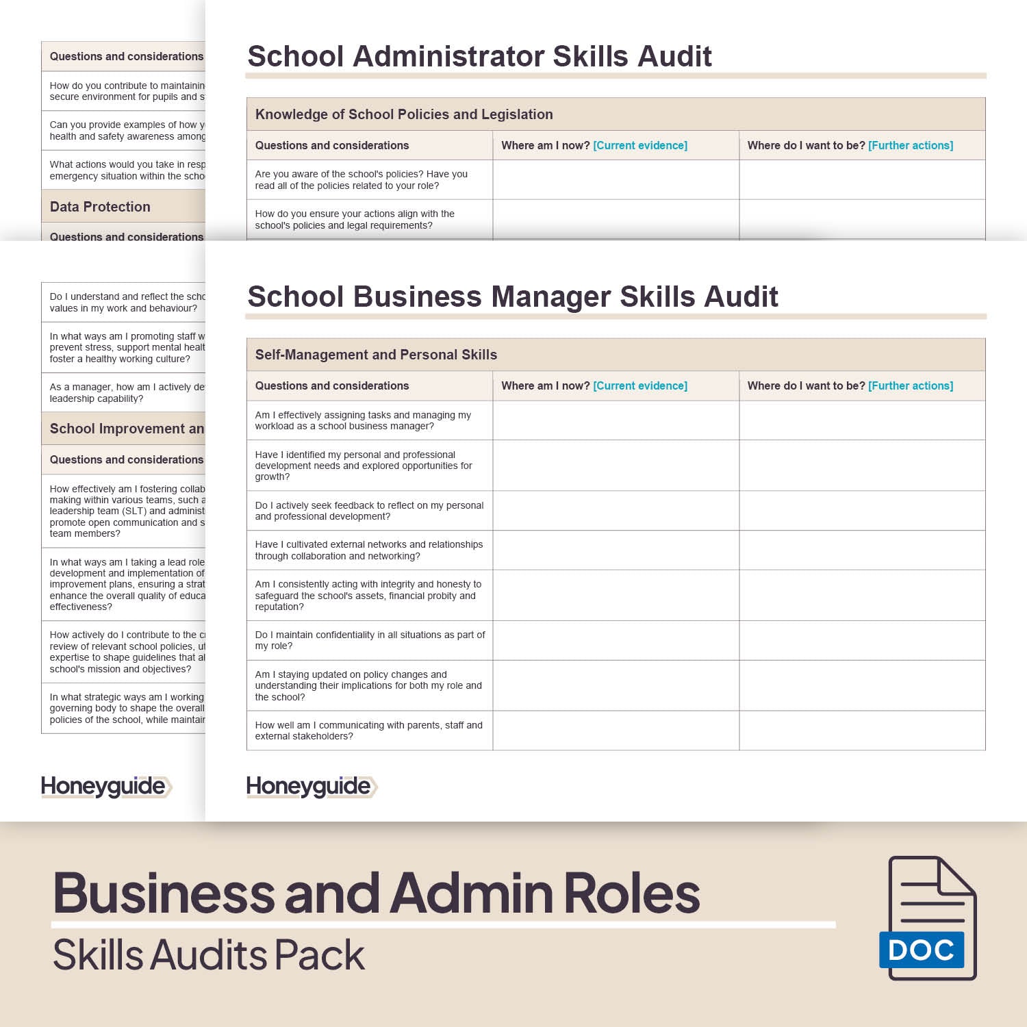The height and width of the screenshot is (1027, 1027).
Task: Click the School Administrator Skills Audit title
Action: click(x=479, y=56)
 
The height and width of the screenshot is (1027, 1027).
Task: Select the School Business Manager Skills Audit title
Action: click(x=512, y=296)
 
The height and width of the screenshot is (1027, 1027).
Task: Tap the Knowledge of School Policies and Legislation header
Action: click(x=404, y=114)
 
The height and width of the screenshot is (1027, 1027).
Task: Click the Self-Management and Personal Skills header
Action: click(x=376, y=355)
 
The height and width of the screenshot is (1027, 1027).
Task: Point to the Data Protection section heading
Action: click(x=100, y=207)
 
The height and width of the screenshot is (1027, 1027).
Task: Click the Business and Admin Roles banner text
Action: click(x=377, y=893)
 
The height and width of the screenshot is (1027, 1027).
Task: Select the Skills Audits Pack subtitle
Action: click(x=209, y=955)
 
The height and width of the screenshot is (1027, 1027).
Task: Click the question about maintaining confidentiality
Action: click(x=370, y=640)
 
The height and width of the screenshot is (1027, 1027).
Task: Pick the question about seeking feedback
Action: click(x=369, y=511)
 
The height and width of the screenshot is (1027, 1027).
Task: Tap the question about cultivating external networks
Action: click(x=368, y=550)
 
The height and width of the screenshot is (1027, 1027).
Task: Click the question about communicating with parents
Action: click(x=368, y=731)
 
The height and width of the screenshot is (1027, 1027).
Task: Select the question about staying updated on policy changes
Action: click(x=368, y=685)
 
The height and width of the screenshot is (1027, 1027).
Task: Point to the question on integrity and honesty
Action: click(x=368, y=595)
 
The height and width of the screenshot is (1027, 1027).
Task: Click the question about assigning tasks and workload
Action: click(x=363, y=420)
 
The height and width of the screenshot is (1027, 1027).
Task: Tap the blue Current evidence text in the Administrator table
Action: click(x=640, y=145)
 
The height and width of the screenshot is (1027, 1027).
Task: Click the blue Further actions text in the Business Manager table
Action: click(x=911, y=385)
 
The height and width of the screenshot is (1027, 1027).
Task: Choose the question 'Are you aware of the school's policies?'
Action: click(x=361, y=179)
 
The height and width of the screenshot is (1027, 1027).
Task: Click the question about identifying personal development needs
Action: click(x=363, y=466)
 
